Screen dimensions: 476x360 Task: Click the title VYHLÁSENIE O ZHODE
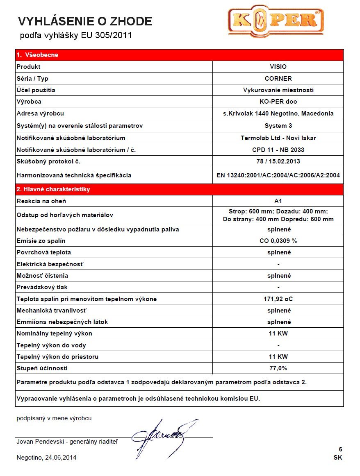[85, 21]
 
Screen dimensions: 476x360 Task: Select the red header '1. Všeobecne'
[38, 55]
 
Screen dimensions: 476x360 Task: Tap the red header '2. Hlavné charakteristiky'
[53, 189]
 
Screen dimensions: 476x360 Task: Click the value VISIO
[278, 67]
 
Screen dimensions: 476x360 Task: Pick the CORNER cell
[278, 78]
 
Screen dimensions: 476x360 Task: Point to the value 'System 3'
[278, 125]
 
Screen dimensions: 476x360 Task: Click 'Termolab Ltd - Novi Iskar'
[278, 138]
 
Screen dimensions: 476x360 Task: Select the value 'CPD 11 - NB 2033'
[278, 150]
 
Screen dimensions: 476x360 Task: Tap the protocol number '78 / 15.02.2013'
[278, 161]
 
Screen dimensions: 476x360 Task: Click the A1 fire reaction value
[278, 201]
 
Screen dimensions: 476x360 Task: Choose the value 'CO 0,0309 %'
[278, 241]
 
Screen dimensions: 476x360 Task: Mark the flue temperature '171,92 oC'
[278, 299]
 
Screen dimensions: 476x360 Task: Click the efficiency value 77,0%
[278, 368]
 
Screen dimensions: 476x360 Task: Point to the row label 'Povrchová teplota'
[41, 252]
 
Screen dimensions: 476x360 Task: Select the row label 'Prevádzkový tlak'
[42, 287]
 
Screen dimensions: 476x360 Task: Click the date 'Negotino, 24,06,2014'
[46, 457]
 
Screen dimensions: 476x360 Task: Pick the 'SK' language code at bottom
[338, 458]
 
